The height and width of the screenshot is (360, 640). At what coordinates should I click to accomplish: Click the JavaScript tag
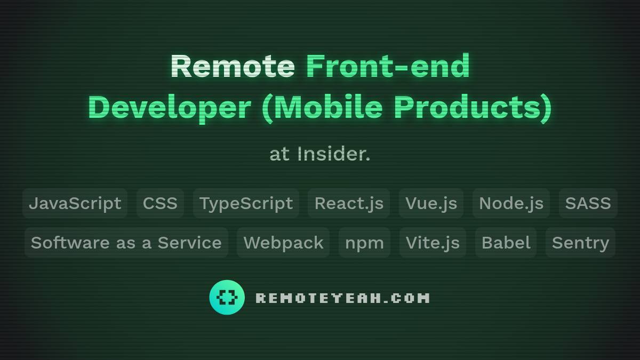(75, 203)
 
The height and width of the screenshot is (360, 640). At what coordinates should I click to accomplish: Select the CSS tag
(160, 203)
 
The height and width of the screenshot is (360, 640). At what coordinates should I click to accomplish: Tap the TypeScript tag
(246, 203)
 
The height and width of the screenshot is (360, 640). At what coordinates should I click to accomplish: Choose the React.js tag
(349, 203)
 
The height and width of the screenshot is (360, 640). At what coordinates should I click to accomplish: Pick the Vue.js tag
(431, 203)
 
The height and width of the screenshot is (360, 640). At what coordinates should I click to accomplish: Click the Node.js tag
(511, 203)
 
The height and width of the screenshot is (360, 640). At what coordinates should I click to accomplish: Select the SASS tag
(588, 203)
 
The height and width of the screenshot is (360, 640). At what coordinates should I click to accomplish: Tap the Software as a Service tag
(126, 243)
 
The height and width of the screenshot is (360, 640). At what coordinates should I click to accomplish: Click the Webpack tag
(283, 243)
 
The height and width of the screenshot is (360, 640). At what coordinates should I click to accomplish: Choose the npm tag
(364, 243)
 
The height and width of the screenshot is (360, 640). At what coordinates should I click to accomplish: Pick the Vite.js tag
(433, 243)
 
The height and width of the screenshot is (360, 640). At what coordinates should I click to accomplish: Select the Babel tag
(506, 243)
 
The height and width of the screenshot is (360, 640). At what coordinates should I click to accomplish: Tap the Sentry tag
(580, 243)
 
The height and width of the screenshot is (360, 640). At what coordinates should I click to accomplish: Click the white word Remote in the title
(233, 66)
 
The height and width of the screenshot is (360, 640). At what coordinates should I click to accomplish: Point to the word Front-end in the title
(388, 66)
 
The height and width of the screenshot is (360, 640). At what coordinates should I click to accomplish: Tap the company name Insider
(333, 154)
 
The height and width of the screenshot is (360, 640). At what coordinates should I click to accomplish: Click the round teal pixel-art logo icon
(227, 298)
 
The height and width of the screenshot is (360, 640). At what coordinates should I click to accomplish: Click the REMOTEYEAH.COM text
(342, 298)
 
